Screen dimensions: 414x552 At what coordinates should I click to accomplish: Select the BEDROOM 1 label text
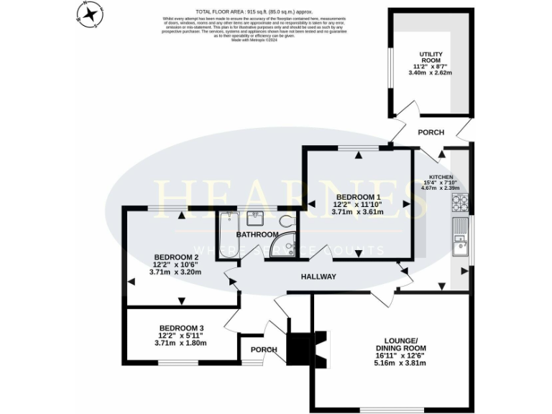pos(357,197)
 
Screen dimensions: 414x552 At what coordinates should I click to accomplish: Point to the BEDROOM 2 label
pos(175,257)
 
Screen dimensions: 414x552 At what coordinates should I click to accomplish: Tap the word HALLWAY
pos(318,277)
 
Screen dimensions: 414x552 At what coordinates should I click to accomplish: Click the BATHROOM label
pos(258,235)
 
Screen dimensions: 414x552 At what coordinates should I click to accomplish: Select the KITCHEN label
pos(441,177)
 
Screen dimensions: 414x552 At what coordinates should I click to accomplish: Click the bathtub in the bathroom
pos(228,234)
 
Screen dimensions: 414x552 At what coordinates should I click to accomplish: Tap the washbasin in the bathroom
pos(257,218)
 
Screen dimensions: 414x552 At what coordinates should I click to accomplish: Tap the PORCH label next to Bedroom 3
pos(264,350)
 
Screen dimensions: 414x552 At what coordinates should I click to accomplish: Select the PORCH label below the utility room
pos(431,132)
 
